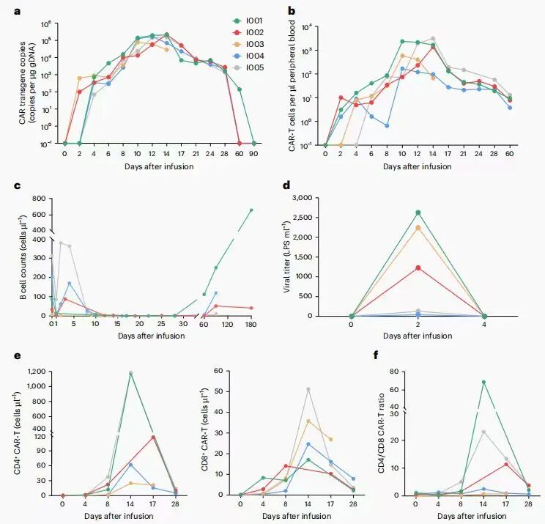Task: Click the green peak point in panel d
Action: point(418,213)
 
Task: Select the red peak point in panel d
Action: point(418,267)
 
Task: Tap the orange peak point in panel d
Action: point(418,227)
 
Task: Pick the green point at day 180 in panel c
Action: point(251,210)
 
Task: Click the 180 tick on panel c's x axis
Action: point(251,323)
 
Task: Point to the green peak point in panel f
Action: point(484,382)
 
